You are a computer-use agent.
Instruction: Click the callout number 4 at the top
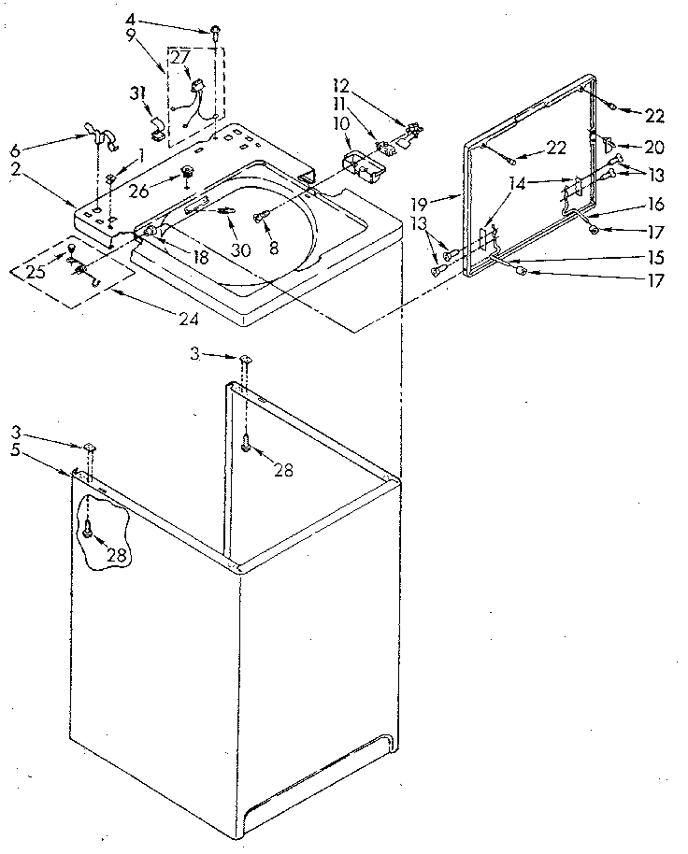130,18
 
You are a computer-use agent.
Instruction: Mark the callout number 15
652,255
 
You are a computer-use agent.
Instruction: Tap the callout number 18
198,256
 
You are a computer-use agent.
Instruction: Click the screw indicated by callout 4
215,32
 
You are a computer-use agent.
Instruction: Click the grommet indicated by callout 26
188,171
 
